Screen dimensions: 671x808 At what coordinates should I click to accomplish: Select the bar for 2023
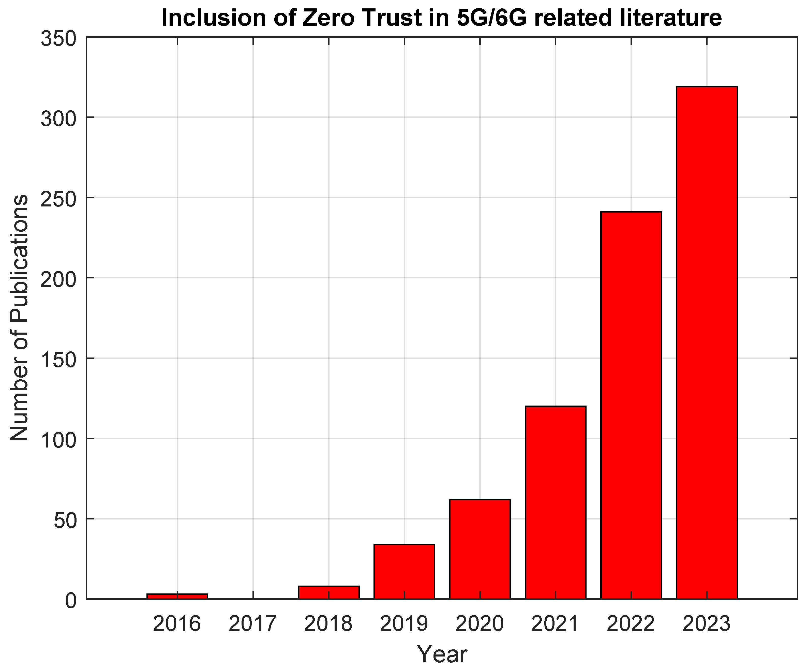[707, 342]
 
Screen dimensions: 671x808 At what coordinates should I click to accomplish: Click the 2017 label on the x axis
[253, 624]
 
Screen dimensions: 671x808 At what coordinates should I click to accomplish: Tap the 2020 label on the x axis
[480, 624]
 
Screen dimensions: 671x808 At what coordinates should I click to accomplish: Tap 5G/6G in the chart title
[491, 18]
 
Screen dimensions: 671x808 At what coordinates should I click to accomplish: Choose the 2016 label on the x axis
[177, 624]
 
